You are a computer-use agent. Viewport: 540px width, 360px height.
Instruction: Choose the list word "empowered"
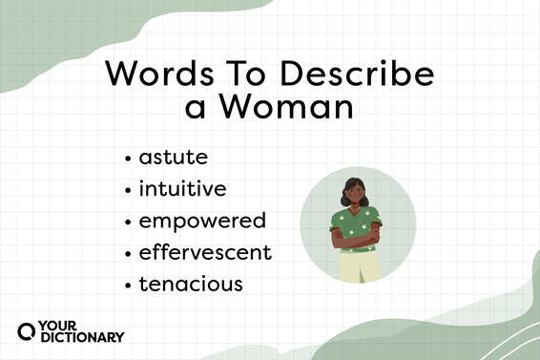pos(202,222)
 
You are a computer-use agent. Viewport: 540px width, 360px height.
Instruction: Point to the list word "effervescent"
pos(205,253)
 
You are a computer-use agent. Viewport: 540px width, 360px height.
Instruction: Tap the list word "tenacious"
pos(191,285)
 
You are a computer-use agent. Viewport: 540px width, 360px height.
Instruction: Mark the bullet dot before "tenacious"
pos(128,286)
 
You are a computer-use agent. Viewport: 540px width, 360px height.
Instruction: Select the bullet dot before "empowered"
pos(128,222)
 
